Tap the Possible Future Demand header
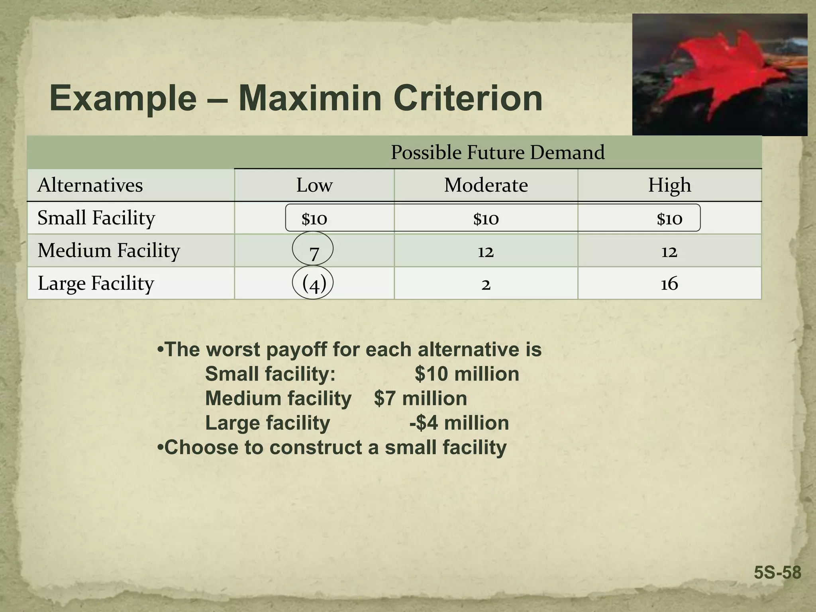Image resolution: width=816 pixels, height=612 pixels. point(497,153)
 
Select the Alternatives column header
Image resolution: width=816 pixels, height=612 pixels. point(90,185)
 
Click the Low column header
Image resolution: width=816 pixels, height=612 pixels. point(314,185)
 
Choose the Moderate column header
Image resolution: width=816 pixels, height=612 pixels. point(486,185)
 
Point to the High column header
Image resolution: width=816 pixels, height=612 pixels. point(669,185)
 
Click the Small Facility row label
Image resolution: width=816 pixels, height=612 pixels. point(96,218)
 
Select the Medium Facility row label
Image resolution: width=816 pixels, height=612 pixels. point(108,251)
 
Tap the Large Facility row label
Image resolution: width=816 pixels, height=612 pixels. point(96,283)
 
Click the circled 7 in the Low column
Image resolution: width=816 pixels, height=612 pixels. point(313,251)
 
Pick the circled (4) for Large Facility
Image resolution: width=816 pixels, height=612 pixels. point(314,284)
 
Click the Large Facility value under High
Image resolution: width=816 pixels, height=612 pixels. point(669,284)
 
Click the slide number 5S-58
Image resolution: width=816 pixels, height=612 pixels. point(777,573)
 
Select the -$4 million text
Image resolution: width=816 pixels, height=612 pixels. point(459,423)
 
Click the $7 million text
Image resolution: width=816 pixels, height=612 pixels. point(420,398)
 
